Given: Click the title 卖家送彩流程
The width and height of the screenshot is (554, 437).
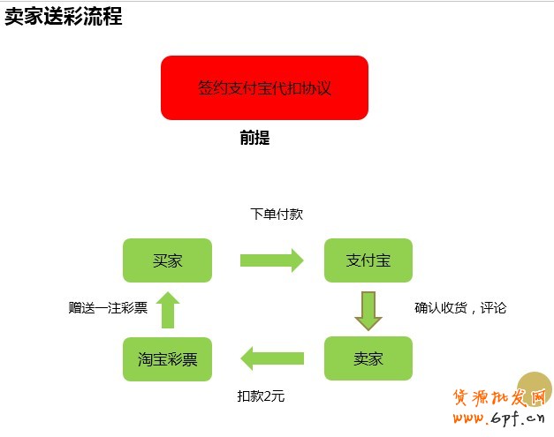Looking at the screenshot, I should point(63,18).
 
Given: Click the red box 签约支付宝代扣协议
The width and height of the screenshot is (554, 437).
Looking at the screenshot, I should point(264,87).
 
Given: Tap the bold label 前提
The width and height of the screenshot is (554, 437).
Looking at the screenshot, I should point(254,138).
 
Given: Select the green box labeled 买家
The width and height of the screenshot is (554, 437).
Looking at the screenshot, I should point(167,260).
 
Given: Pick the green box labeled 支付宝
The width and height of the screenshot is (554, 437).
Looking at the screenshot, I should point(368,260).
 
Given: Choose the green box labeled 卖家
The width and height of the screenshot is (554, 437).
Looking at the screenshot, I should point(368,358).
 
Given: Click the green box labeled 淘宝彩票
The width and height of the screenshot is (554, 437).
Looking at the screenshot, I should point(167,359).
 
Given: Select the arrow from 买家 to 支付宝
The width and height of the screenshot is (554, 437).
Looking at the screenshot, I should point(271,260).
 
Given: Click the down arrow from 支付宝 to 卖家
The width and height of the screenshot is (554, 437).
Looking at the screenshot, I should point(368,309).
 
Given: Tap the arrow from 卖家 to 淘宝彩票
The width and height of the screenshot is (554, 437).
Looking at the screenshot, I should point(271,358).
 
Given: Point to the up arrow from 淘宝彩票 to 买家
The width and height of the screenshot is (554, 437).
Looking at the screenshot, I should point(167,310).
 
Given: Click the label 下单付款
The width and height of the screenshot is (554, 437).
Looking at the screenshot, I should point(277,215).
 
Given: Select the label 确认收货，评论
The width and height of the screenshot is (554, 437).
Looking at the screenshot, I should point(460,308).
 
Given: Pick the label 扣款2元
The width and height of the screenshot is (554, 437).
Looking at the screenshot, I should point(262,396).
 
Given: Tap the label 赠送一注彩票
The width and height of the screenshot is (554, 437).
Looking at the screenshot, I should point(108,308).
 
